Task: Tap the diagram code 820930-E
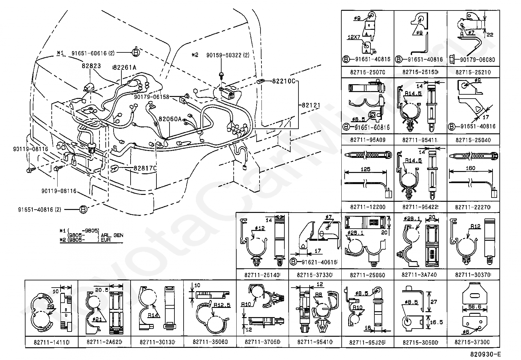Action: (x=485, y=354)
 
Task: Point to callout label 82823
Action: (x=91, y=66)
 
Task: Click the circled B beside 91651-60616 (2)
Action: (x=136, y=52)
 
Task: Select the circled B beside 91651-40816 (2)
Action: (x=83, y=209)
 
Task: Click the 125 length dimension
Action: (x=365, y=169)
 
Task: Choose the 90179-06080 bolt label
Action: (x=477, y=60)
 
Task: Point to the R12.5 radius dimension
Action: (x=222, y=305)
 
